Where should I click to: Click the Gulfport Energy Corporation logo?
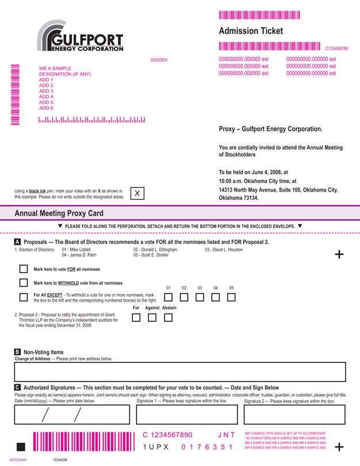[80, 36]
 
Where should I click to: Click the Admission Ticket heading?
[251, 31]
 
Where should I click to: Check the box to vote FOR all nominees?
[24, 269]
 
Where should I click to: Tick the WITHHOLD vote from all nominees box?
[24, 282]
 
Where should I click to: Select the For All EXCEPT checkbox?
[24, 297]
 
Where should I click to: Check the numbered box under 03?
[200, 297]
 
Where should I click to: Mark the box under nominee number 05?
[231, 297]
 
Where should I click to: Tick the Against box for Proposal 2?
[152, 318]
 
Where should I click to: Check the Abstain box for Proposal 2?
[168, 318]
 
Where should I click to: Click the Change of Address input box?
[180, 372]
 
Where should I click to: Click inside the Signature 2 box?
[294, 414]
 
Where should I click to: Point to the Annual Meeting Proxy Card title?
[59, 213]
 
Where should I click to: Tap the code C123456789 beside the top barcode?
[336, 49]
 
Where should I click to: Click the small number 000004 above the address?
[159, 60]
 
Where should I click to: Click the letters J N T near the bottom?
[226, 435]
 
